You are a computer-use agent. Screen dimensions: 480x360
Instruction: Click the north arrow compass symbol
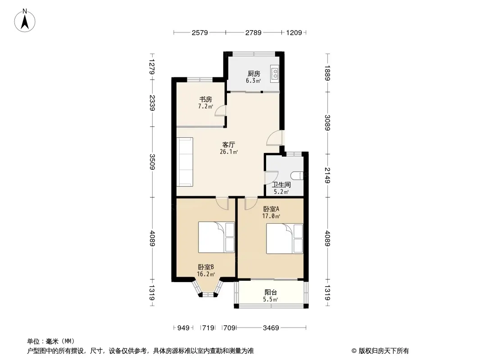(25, 21)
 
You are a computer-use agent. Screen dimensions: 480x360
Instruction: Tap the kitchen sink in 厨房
(275, 74)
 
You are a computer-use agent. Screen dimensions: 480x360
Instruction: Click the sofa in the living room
(185, 162)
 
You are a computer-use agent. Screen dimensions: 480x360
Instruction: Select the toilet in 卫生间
(298, 175)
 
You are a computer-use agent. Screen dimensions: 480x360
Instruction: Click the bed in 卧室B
(216, 237)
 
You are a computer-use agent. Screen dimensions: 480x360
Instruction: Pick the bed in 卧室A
(285, 238)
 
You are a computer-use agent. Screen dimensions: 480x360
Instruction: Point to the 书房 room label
(206, 99)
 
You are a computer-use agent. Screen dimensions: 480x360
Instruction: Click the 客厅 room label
(229, 144)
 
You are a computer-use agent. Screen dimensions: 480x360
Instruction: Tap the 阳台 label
(271, 292)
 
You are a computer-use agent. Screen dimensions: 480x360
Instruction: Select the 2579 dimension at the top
(199, 32)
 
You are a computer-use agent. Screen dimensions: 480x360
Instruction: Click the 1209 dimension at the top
(294, 32)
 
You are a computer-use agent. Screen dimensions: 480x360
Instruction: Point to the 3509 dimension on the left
(152, 162)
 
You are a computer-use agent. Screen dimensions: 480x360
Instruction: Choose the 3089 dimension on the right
(327, 122)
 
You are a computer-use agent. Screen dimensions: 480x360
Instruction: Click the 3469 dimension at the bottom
(271, 328)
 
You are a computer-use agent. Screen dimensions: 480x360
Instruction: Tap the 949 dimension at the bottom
(183, 328)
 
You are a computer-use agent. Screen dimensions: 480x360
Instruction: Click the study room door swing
(220, 110)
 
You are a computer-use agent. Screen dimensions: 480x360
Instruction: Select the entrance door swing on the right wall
(274, 138)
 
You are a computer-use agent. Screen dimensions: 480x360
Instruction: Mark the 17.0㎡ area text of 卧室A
(271, 216)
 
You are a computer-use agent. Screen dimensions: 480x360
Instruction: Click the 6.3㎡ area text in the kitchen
(254, 81)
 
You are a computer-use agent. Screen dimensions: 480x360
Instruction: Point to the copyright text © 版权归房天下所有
(380, 351)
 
